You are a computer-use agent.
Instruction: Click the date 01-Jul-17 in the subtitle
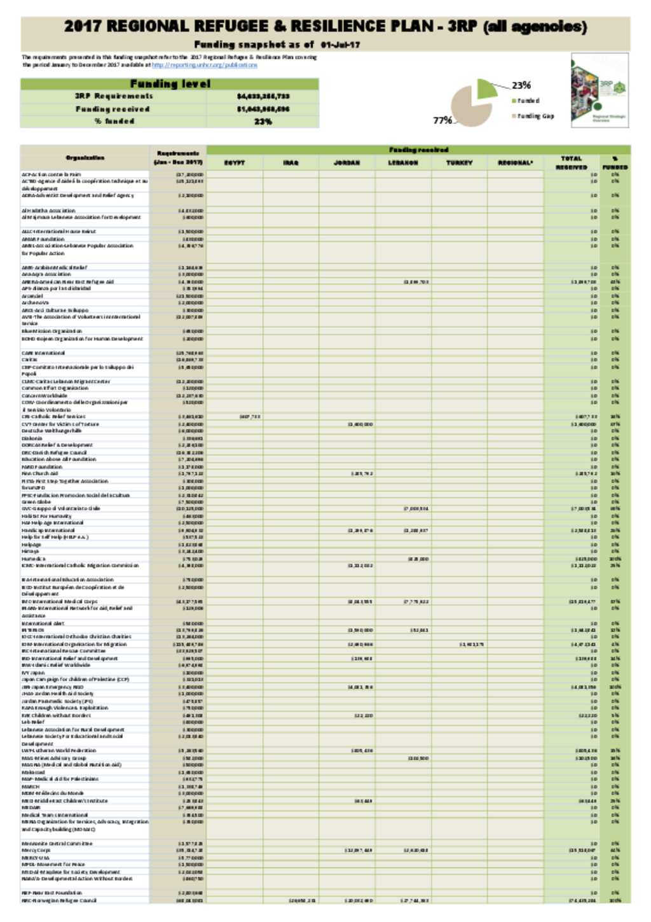(x=340, y=45)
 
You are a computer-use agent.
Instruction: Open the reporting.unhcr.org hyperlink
(x=205, y=65)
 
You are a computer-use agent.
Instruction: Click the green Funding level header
(x=170, y=84)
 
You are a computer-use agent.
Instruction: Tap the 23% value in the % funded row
(x=263, y=122)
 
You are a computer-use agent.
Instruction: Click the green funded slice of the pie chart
(x=485, y=88)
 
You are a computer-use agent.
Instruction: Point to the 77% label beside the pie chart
(x=442, y=120)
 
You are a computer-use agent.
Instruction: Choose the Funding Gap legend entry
(x=535, y=116)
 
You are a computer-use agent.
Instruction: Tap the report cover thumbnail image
(x=600, y=90)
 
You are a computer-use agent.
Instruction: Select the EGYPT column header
(x=235, y=163)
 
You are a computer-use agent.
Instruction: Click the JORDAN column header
(x=347, y=163)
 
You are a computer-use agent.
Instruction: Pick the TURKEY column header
(x=459, y=163)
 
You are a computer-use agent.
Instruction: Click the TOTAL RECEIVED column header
(x=571, y=163)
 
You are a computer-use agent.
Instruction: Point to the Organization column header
(x=85, y=158)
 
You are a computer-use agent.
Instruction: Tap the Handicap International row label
(x=48, y=530)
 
